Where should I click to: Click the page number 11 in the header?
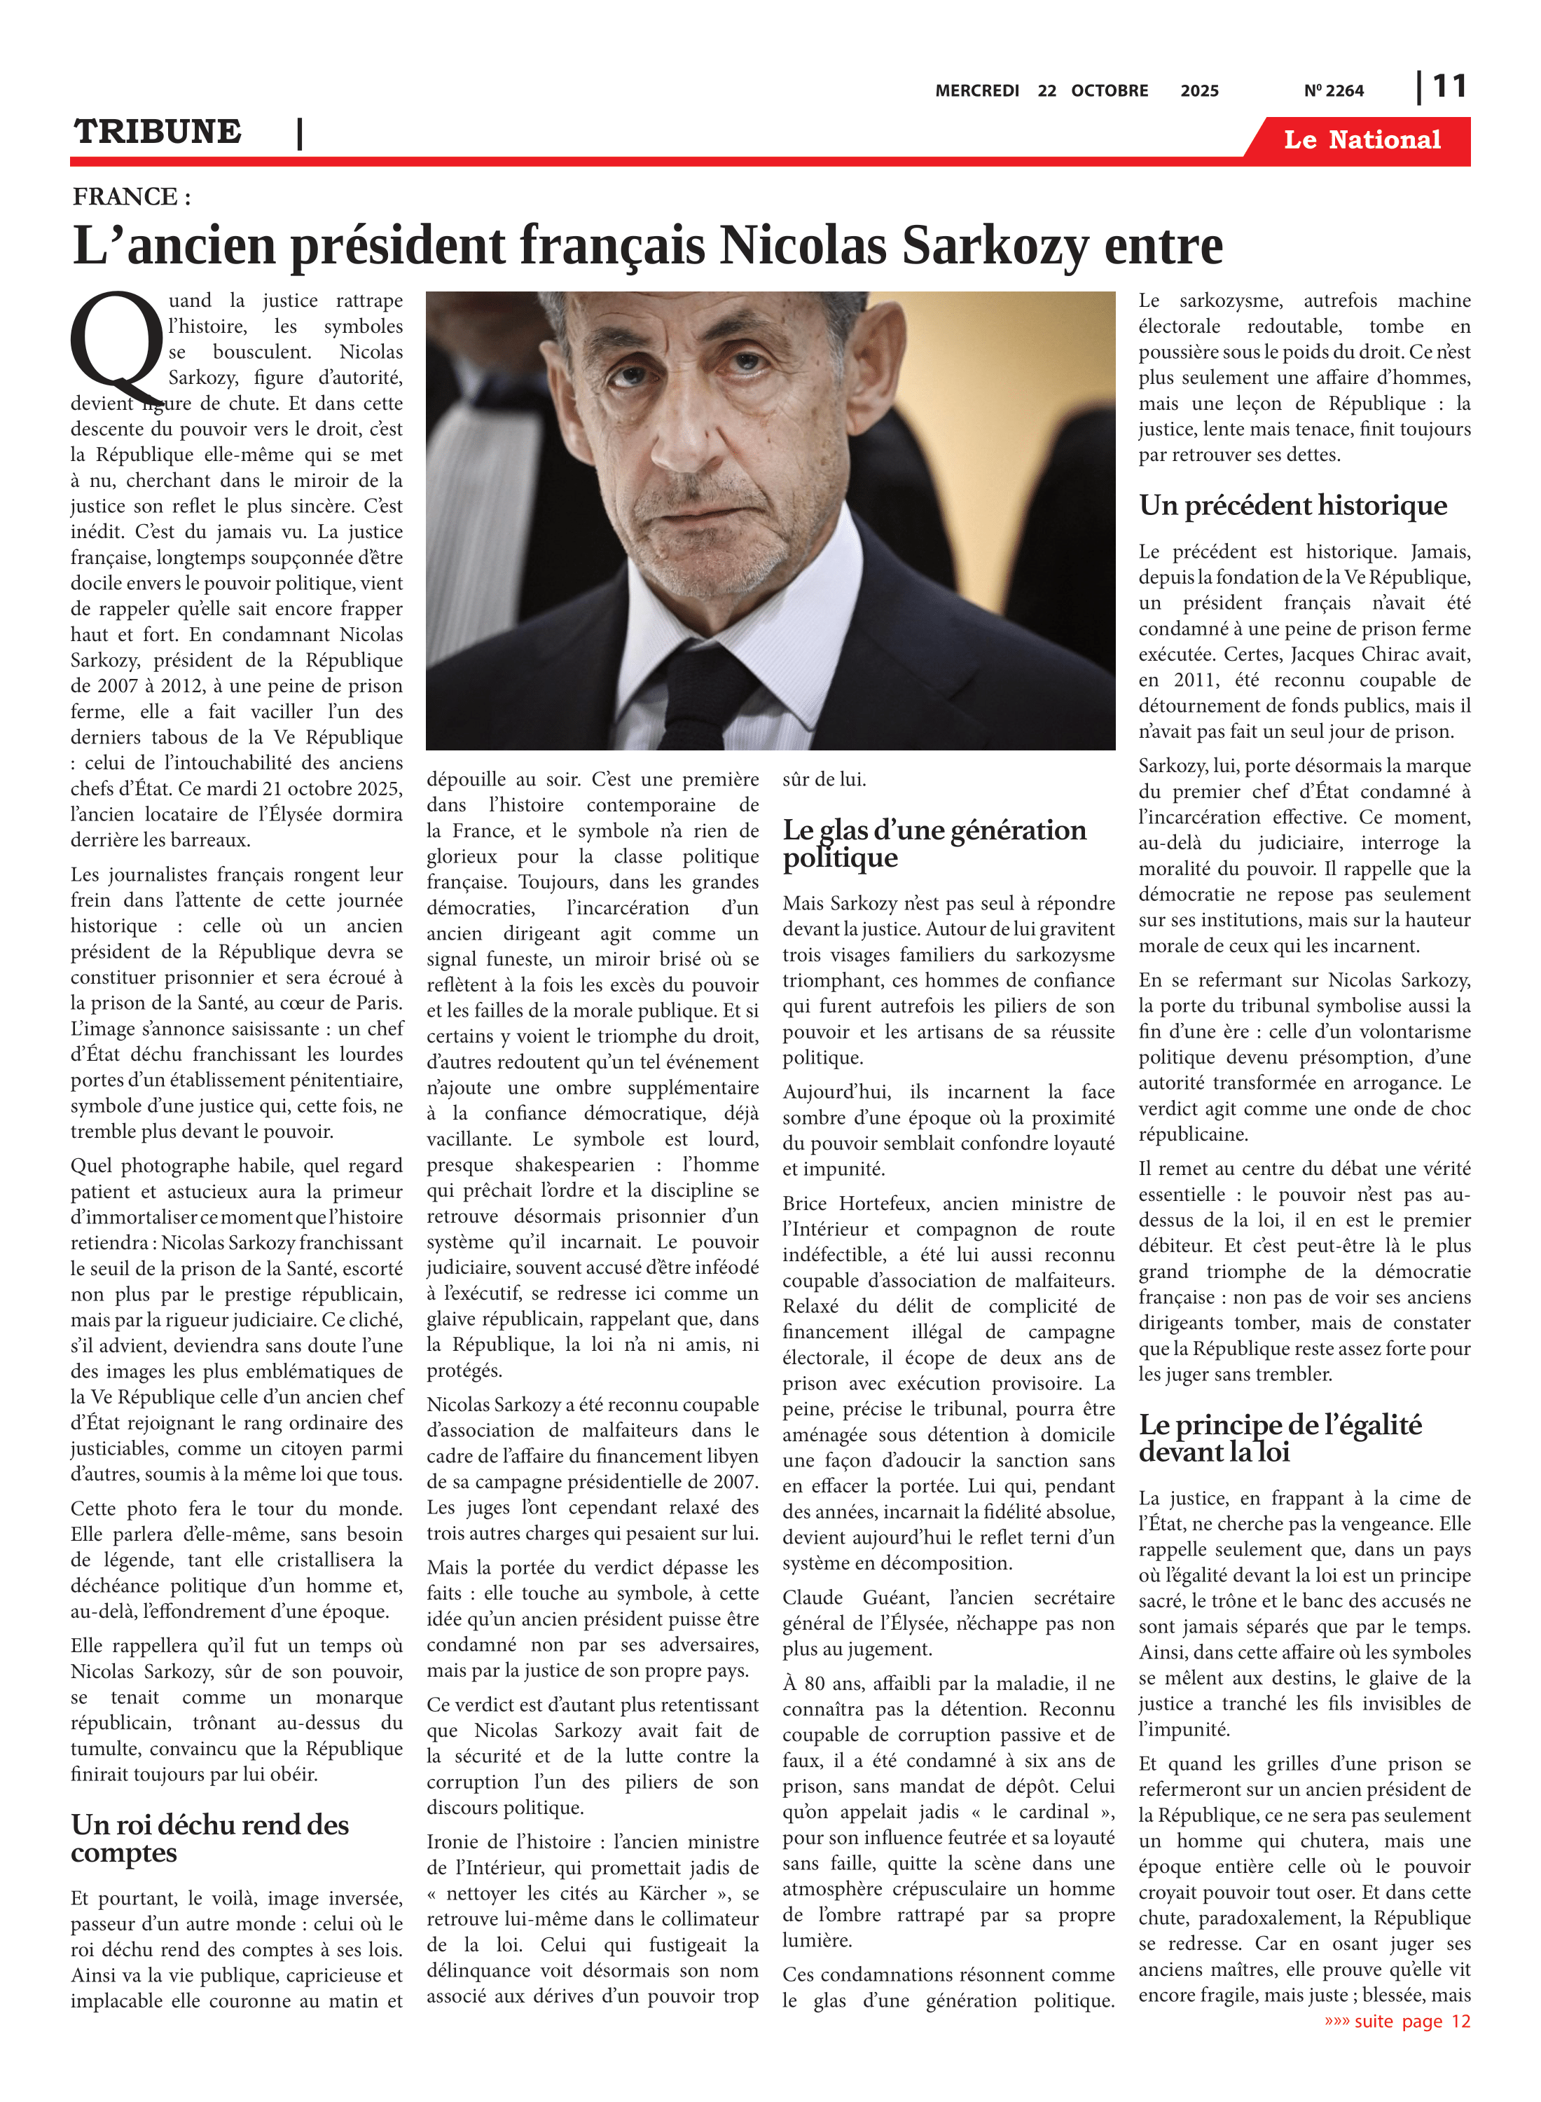(x=1449, y=87)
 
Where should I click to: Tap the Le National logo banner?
(x=1361, y=140)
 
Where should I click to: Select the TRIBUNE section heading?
(x=158, y=132)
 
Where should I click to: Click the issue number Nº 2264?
(x=1333, y=91)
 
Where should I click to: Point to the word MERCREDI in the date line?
(x=976, y=91)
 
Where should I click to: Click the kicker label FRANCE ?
(x=132, y=197)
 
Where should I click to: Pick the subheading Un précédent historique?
(x=1292, y=506)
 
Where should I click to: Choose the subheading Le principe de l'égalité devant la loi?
(x=1279, y=1438)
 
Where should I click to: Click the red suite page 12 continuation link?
(x=1397, y=2021)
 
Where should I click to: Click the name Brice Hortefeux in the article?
(x=855, y=1204)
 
